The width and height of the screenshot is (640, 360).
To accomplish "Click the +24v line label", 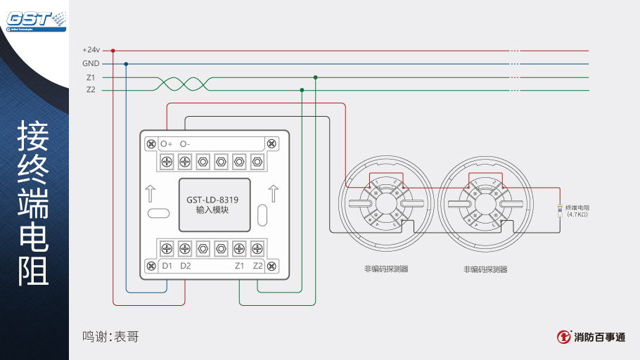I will [91, 51].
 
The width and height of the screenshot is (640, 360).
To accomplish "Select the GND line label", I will [91, 63].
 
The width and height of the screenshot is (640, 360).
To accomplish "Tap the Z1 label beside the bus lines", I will [91, 77].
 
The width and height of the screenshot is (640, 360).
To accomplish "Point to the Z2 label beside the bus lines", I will [91, 90].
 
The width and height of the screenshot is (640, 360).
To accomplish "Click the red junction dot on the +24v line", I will [113, 51].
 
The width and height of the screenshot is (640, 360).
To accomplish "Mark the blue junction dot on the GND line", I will [126, 63].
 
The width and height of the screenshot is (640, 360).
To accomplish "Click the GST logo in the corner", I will [31, 19].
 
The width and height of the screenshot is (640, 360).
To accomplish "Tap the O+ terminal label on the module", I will [167, 144].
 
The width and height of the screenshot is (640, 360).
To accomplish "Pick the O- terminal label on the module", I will [185, 144].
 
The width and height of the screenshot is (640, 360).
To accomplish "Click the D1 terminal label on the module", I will [167, 266].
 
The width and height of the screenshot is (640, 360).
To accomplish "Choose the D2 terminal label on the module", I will [186, 266].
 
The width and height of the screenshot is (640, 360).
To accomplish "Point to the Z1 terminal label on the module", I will [239, 266].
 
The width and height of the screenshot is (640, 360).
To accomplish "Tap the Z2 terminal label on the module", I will [257, 266].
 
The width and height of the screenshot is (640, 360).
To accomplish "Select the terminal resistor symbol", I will [560, 210].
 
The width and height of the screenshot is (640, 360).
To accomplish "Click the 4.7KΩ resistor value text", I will [577, 214].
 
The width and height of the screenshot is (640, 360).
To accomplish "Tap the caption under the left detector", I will [386, 269].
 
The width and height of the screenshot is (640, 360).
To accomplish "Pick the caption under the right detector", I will [485, 269].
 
